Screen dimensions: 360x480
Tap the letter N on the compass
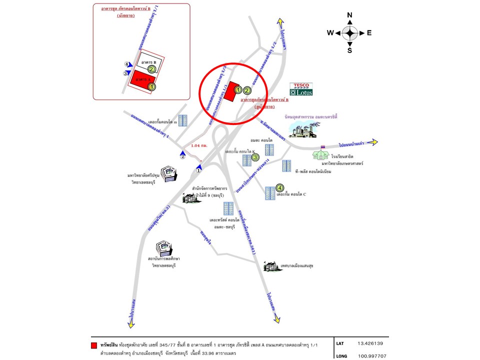coord(350,15)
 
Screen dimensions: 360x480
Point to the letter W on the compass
coord(330,33)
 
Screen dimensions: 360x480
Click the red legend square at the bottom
coord(94,345)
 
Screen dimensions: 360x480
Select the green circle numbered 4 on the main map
coord(280,188)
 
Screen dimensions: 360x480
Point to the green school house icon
coord(320,154)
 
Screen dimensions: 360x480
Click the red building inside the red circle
coord(229,92)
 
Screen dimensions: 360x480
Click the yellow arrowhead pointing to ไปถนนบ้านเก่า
coord(373,141)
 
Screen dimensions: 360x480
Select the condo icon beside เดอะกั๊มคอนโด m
coord(183,120)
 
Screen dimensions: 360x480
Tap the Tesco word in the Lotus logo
coord(302,85)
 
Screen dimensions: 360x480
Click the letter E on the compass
coord(369,33)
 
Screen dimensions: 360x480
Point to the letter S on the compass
coord(350,50)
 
